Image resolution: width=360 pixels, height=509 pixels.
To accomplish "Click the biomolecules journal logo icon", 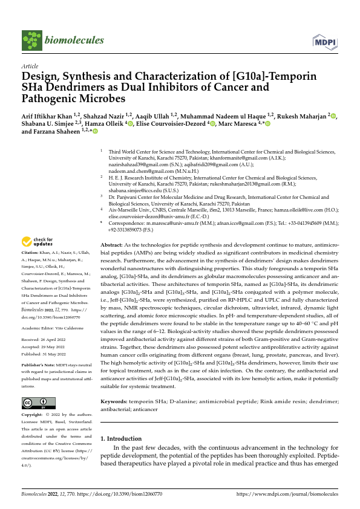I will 31,40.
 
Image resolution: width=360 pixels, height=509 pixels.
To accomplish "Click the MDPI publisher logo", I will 325,41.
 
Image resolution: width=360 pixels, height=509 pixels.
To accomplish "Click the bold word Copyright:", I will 33,415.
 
